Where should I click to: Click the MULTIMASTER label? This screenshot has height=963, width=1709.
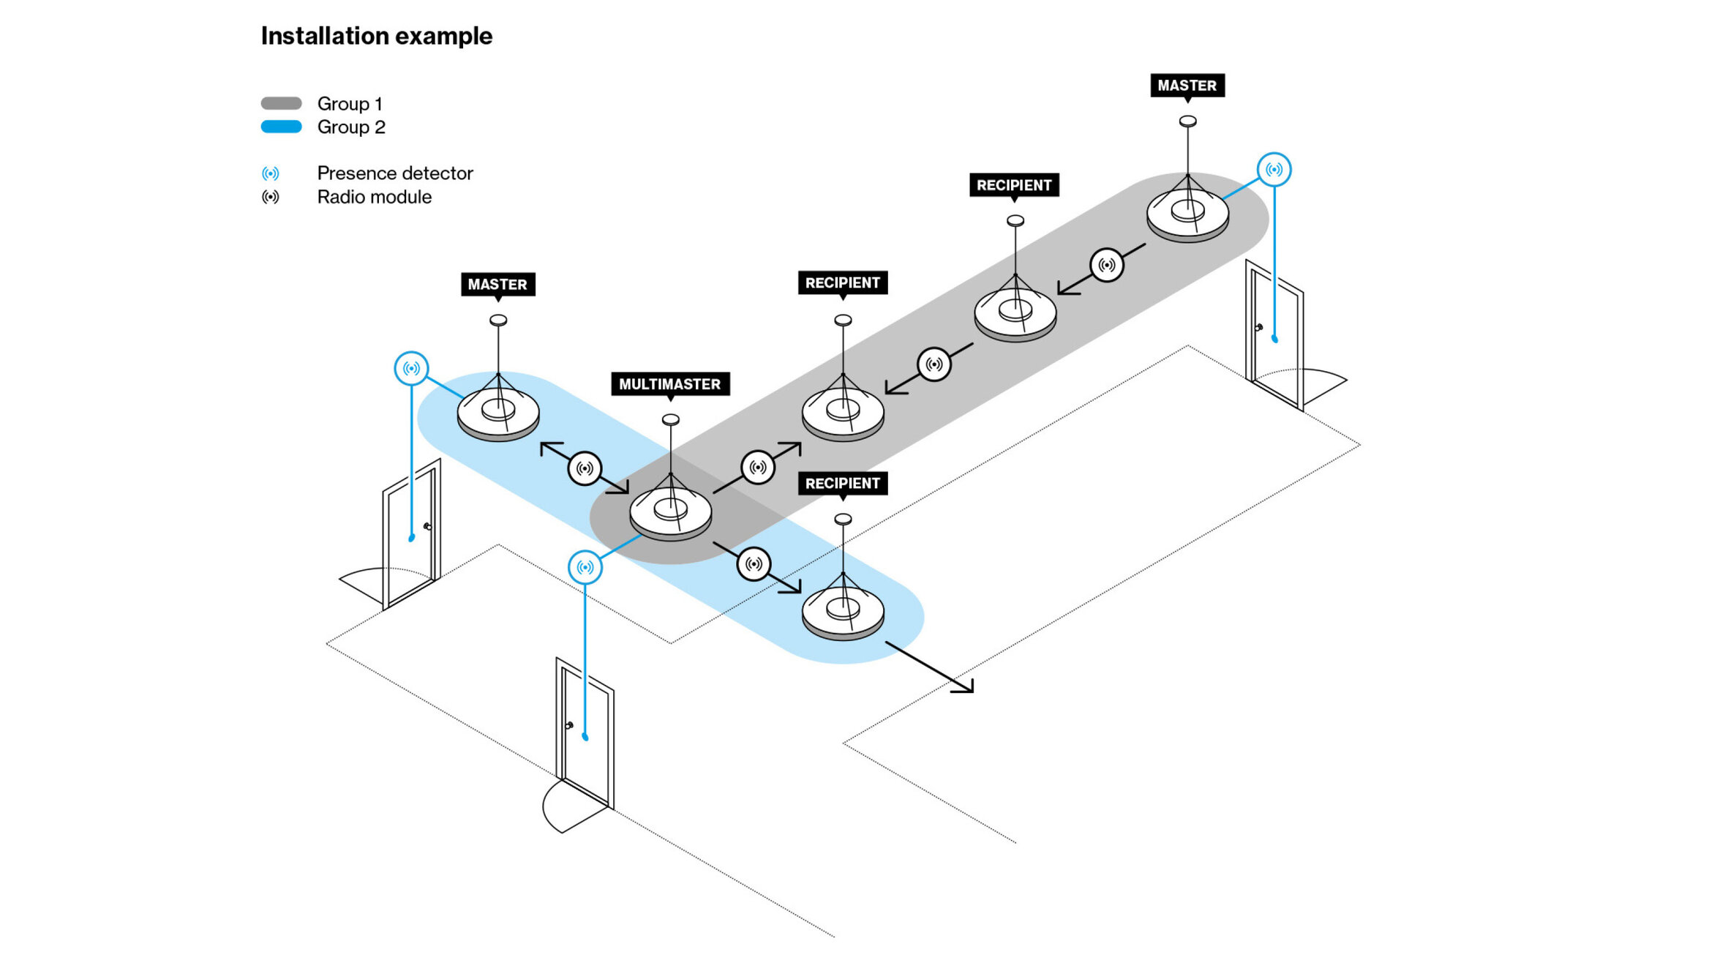[669, 384]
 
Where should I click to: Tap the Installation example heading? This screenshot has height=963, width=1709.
[376, 36]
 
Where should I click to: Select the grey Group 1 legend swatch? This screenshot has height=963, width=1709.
[281, 103]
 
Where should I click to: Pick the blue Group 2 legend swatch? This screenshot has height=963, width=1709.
[281, 127]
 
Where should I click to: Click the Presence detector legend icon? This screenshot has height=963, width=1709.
[270, 173]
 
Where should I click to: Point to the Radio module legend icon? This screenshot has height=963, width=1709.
[270, 197]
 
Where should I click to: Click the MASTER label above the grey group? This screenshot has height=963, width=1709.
[1187, 86]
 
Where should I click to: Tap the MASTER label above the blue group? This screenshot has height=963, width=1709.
[497, 284]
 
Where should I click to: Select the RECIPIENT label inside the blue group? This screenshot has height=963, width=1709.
[842, 483]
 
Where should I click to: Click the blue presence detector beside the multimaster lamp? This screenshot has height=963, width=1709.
[585, 567]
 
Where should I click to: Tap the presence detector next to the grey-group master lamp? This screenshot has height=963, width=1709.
[1274, 170]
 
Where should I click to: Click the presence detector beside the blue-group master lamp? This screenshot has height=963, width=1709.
[411, 368]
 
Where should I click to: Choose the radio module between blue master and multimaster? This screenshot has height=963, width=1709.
[585, 468]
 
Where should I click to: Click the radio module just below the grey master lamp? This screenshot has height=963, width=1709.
[1106, 265]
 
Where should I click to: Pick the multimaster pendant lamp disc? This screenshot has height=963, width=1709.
[670, 512]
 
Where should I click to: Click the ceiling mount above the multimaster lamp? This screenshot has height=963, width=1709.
[670, 420]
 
